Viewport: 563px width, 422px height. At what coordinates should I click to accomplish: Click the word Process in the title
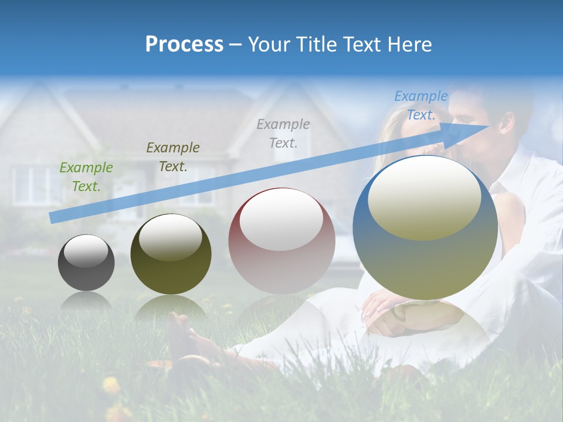(x=184, y=44)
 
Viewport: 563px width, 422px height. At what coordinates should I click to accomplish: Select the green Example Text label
(x=86, y=177)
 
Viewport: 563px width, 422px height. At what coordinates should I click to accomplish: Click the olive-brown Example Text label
(x=172, y=157)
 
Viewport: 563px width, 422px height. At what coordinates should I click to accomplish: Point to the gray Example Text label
(x=283, y=133)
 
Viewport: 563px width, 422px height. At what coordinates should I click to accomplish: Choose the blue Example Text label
(x=420, y=105)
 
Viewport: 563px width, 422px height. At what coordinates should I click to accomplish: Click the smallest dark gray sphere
(x=86, y=263)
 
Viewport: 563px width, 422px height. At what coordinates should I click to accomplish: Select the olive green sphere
(x=170, y=254)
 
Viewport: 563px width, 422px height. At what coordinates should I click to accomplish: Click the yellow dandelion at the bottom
(x=111, y=385)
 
